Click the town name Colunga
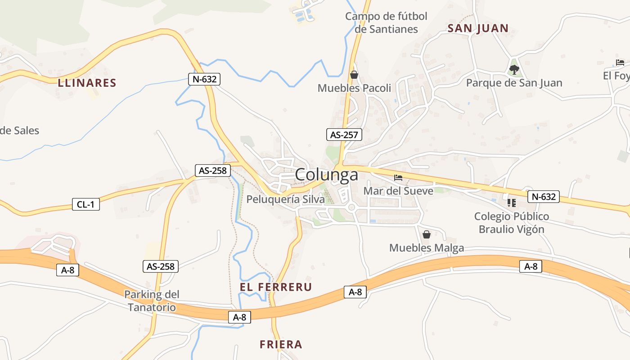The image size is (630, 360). coord(327,175)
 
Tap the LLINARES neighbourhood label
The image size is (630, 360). coord(87,83)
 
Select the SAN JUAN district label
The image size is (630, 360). coord(478,28)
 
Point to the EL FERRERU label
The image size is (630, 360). coord(276,287)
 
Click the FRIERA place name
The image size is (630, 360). coord(281,345)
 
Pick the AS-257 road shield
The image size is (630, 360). coord(344,135)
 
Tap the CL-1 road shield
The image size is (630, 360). coord(86,204)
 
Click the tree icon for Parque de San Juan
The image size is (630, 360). coord(514,69)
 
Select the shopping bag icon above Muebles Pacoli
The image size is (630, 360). coord(354,75)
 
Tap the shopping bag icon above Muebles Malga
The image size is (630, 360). coord(426,234)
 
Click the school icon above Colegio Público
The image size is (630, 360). coord(511,203)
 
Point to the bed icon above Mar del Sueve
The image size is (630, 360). coord(398,178)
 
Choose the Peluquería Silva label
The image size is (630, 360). coord(285,199)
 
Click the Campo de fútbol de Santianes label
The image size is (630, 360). coord(386,23)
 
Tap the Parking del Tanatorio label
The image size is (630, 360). coord(152,301)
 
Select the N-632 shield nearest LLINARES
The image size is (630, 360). coord(204,79)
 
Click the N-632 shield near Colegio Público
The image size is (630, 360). coord(544,196)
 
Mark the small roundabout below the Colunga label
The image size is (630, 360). coord(352,207)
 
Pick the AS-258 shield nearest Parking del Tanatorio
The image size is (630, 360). coord(161,266)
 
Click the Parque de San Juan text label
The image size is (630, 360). coord(514,83)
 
